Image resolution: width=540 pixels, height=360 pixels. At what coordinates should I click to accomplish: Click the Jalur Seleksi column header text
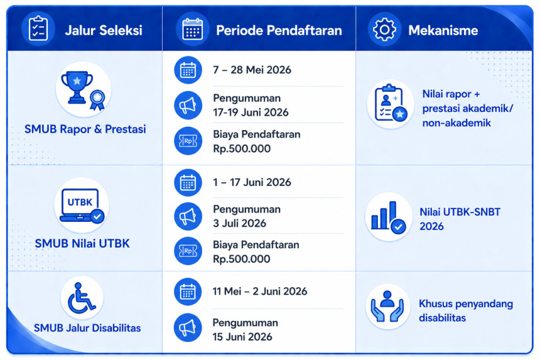click(x=104, y=30)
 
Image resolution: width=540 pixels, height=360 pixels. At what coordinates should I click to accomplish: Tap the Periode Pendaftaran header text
click(x=279, y=30)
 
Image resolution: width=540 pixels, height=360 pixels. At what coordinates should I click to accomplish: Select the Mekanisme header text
click(x=443, y=30)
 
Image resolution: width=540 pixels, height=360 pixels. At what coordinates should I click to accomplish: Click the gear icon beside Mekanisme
click(x=384, y=30)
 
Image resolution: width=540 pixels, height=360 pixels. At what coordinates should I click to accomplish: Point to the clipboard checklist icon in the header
click(x=38, y=29)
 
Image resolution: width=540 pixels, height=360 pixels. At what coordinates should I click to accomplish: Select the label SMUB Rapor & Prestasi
click(x=85, y=129)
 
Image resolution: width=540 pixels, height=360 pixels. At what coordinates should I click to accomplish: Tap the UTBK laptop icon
click(x=82, y=205)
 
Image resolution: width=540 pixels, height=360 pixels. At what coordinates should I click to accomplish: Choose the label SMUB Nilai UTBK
click(x=82, y=244)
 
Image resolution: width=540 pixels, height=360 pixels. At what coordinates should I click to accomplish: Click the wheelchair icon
click(x=81, y=298)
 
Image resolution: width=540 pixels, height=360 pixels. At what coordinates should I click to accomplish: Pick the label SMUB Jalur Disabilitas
click(x=87, y=328)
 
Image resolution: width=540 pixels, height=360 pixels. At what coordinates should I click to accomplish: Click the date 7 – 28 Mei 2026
click(x=252, y=70)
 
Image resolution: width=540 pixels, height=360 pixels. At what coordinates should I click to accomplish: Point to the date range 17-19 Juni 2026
click(x=251, y=112)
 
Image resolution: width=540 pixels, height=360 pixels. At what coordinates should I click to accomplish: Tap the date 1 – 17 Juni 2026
click(x=252, y=182)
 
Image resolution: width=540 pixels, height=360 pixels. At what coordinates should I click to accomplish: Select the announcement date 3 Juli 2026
click(x=240, y=223)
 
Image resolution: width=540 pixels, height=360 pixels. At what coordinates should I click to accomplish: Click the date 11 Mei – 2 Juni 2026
click(x=260, y=292)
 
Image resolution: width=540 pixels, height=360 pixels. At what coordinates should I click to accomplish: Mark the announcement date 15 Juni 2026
click(x=242, y=337)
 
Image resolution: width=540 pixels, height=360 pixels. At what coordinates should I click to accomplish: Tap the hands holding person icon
click(x=387, y=306)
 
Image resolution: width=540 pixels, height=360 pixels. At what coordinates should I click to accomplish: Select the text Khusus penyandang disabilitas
click(x=466, y=311)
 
